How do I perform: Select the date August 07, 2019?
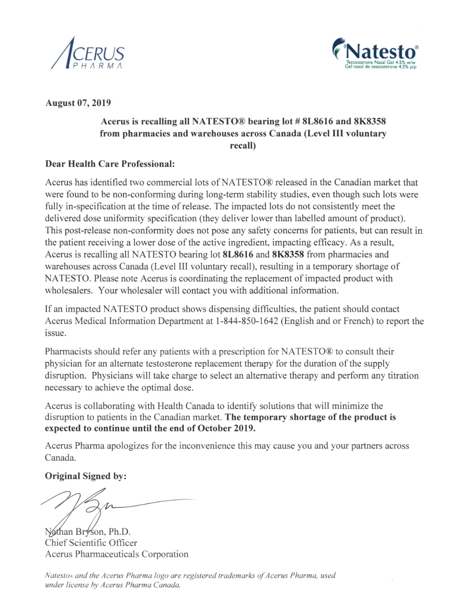click(78, 103)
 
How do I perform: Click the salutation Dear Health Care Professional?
click(110, 164)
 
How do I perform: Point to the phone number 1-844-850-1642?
click(247, 321)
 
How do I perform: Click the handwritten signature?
click(96, 507)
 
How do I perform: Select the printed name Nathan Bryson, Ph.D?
click(88, 532)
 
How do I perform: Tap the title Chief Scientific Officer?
click(91, 543)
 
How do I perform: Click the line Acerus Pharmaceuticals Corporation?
click(117, 554)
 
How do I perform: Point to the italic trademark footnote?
click(190, 580)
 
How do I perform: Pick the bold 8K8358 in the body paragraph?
click(288, 255)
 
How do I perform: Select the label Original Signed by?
click(86, 476)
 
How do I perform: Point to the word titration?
click(403, 376)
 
